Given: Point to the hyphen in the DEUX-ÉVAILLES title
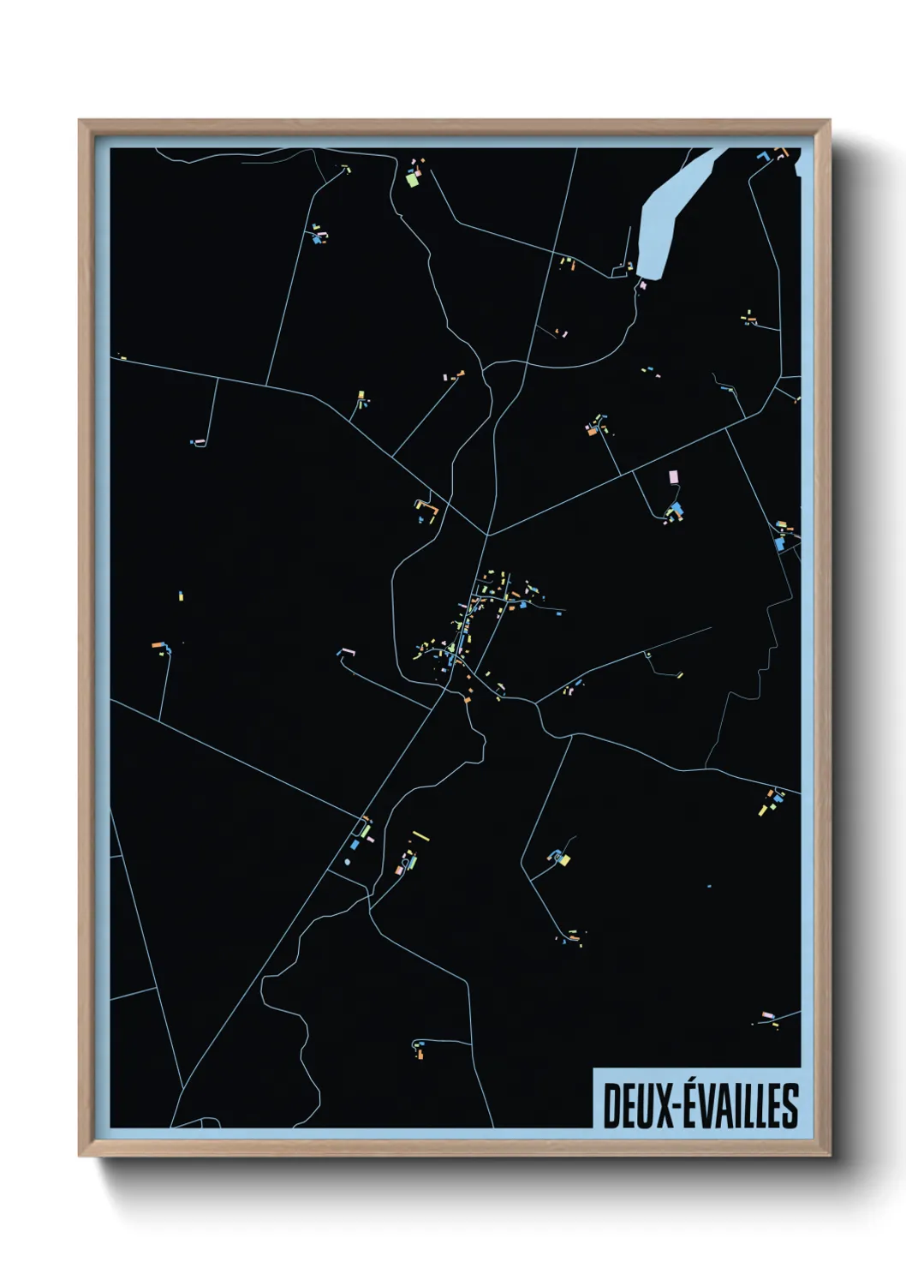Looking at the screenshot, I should coord(679,1107).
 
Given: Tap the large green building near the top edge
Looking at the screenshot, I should coord(412,180).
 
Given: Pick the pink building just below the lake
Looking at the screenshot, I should coord(642,284).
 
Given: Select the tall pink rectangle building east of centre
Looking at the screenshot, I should coord(673,476).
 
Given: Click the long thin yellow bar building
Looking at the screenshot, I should coord(420,835).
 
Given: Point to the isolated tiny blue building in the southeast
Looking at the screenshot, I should coord(709,886).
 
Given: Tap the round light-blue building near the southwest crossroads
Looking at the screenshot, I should coord(348,861).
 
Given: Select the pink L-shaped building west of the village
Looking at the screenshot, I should coord(346,652).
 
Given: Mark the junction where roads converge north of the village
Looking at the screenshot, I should coord(486,535).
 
